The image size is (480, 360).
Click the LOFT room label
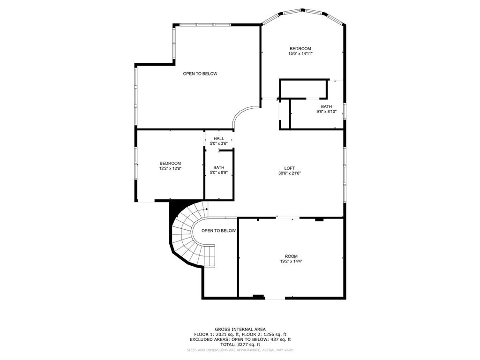[x=289, y=168]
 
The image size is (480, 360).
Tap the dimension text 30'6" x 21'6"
[x=289, y=173]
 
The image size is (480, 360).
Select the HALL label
[x=218, y=138]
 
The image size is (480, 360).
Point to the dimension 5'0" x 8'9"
[x=218, y=172]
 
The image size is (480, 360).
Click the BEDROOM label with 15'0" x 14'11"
[x=300, y=49]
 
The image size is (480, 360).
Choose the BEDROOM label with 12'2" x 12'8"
[x=170, y=163]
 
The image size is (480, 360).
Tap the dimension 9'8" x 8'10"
[x=326, y=112]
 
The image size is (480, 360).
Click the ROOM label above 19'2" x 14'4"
[x=291, y=256]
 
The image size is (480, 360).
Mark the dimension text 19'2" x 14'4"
[x=291, y=262]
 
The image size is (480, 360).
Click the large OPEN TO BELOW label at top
[x=200, y=74]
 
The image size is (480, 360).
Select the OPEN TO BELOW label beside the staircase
[x=218, y=231]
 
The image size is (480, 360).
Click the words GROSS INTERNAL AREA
[x=240, y=330]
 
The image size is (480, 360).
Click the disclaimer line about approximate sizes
[x=240, y=350]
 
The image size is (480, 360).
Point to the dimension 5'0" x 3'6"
[x=218, y=143]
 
